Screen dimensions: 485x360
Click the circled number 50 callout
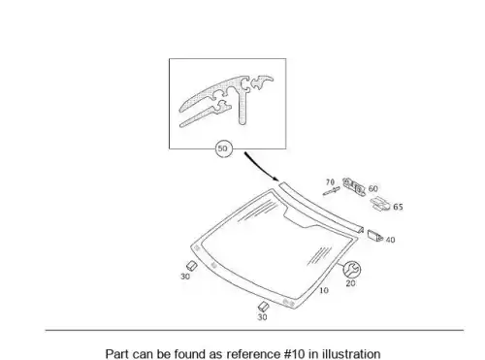[x=223, y=148]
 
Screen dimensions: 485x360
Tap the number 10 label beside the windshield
[x=324, y=290]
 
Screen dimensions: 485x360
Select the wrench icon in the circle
[x=351, y=270]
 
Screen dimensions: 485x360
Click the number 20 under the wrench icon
[x=350, y=283]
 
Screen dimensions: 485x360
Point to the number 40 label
[x=390, y=240]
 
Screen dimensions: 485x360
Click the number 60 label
[x=372, y=188]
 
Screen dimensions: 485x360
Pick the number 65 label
[x=398, y=207]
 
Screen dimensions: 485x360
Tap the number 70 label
[x=330, y=182]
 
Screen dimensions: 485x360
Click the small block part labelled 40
[x=375, y=236]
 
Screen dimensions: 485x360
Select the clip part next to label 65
[x=381, y=204]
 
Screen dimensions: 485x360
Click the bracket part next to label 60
[x=354, y=187]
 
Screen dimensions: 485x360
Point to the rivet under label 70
[x=332, y=191]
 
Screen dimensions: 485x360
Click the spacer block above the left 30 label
[x=192, y=266]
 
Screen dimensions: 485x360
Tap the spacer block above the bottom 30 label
[x=263, y=307]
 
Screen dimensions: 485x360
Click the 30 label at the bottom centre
[x=262, y=317]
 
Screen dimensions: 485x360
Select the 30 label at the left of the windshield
[x=185, y=277]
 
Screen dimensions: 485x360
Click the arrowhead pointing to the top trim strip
[x=275, y=179]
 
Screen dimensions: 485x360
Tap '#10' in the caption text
[x=295, y=353]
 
